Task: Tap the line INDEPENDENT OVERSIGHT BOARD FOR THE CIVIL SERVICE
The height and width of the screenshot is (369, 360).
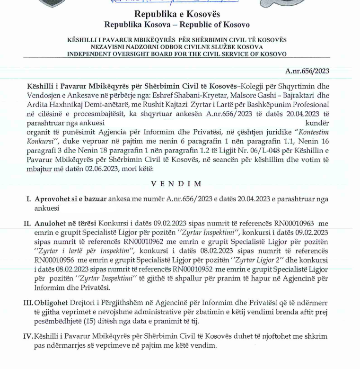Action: click(x=176, y=54)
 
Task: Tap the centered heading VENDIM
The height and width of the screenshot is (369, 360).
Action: click(x=176, y=184)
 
